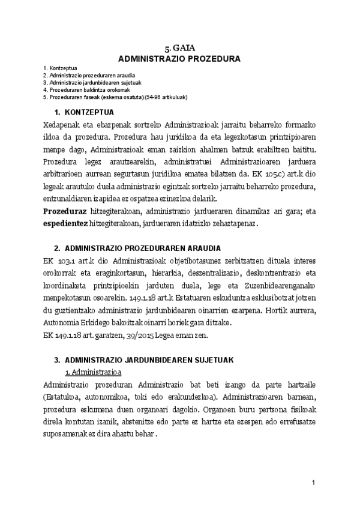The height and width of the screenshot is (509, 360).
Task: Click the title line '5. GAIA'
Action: pyautogui.click(x=179, y=49)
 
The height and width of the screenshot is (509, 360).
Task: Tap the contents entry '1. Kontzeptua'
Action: pyautogui.click(x=58, y=70)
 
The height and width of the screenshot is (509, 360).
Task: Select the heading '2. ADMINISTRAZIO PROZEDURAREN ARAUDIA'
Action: pyautogui.click(x=137, y=247)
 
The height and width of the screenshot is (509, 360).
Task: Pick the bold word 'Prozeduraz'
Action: pyautogui.click(x=64, y=211)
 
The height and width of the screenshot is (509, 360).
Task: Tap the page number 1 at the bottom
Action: pyautogui.click(x=313, y=483)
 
